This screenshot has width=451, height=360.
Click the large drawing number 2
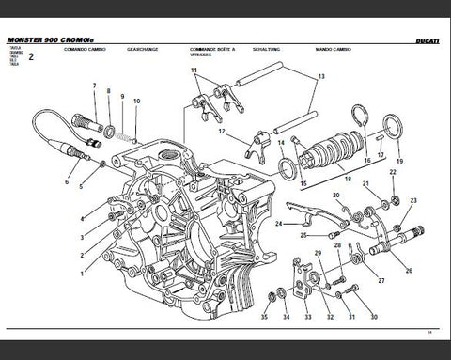pos(30,58)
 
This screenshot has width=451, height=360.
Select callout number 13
pos(320,75)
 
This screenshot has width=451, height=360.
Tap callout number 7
pos(94,86)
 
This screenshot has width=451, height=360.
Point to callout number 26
pos(408,271)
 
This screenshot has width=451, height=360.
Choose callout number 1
pos(82,274)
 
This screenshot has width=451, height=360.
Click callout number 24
pos(278,223)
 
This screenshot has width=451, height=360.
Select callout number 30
pos(373,318)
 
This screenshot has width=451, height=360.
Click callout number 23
pos(414,201)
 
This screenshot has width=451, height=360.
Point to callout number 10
pos(137,101)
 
